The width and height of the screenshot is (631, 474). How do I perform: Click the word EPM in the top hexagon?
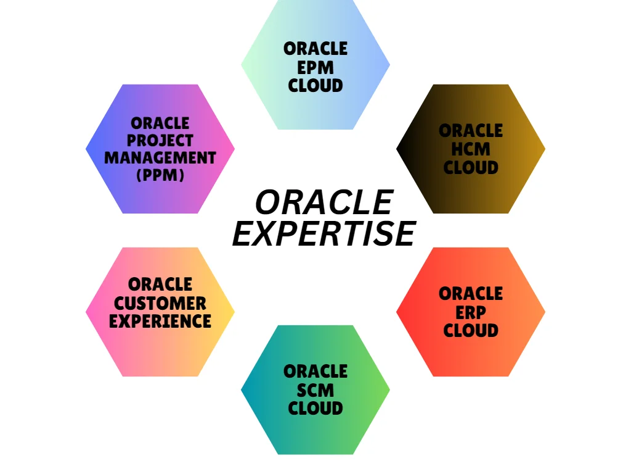pyautogui.click(x=315, y=67)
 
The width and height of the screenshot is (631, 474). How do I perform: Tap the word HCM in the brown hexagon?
pyautogui.click(x=471, y=149)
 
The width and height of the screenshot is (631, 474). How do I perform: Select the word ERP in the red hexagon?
pyautogui.click(x=471, y=312)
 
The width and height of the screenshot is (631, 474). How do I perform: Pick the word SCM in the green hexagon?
pyautogui.click(x=315, y=390)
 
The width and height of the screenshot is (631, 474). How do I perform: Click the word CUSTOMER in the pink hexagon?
pyautogui.click(x=160, y=303)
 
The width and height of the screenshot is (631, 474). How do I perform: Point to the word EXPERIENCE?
pyautogui.click(x=160, y=321)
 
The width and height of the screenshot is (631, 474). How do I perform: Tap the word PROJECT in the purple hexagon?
pyautogui.click(x=160, y=140)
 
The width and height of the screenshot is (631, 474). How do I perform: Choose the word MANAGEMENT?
pyautogui.click(x=160, y=157)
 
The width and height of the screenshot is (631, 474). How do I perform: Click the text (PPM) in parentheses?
pyautogui.click(x=160, y=175)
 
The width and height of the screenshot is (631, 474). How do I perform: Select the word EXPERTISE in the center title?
pyautogui.click(x=324, y=233)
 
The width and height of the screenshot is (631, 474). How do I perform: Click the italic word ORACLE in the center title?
pyautogui.click(x=324, y=202)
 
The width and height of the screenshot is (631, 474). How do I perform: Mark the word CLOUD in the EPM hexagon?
pyautogui.click(x=315, y=85)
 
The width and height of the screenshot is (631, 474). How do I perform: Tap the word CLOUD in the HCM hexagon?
pyautogui.click(x=471, y=167)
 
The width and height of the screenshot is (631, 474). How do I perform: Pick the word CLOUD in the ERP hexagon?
pyautogui.click(x=471, y=331)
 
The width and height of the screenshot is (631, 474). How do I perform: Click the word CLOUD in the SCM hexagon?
pyautogui.click(x=315, y=409)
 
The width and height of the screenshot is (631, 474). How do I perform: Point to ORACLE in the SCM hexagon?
pyautogui.click(x=315, y=372)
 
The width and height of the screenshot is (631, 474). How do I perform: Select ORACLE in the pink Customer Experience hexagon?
pyautogui.click(x=160, y=285)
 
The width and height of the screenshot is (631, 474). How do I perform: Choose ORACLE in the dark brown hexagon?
pyautogui.click(x=471, y=131)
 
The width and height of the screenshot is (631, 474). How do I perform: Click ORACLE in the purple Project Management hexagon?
pyautogui.click(x=160, y=123)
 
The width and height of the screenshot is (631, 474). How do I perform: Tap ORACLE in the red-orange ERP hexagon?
pyautogui.click(x=471, y=294)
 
